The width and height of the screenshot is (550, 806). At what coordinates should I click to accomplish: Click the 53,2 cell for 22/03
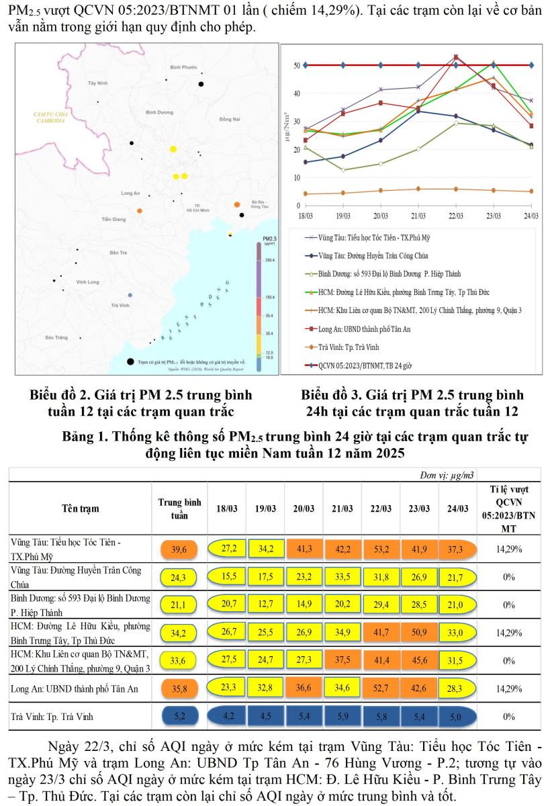pos(380,549)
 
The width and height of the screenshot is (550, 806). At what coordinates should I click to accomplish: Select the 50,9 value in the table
pos(418,632)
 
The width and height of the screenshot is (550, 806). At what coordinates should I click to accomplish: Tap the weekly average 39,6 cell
pos(179,549)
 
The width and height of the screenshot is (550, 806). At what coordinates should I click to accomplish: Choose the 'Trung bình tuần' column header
pos(179,508)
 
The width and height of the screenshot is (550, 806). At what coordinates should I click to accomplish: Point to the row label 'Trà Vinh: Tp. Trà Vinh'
pos(52,717)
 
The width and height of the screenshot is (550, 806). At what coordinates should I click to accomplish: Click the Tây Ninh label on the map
pos(97,82)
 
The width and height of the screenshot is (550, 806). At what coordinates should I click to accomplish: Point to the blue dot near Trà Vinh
pos(130,295)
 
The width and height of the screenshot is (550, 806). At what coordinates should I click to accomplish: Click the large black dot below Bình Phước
pos(201,84)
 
